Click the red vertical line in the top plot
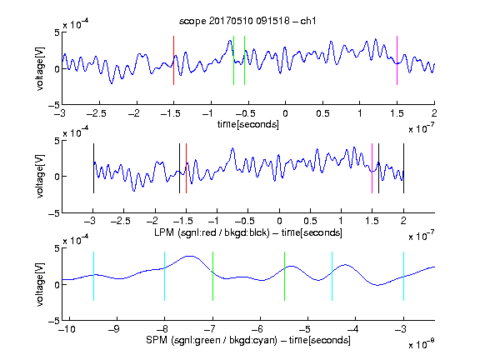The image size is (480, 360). pyautogui.click(x=173, y=60)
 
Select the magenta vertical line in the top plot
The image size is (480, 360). pyautogui.click(x=397, y=60)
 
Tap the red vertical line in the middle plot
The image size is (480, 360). pyautogui.click(x=186, y=168)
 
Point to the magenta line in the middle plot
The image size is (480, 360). pyautogui.click(x=372, y=168)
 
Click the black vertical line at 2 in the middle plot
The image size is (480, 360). pyautogui.click(x=403, y=168)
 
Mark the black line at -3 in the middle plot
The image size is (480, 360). pyautogui.click(x=93, y=168)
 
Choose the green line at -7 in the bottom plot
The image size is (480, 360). pyautogui.click(x=212, y=276)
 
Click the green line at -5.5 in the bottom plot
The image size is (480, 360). pyautogui.click(x=284, y=276)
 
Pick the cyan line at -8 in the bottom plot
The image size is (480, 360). pyautogui.click(x=164, y=276)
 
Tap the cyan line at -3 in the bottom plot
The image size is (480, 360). pyautogui.click(x=403, y=276)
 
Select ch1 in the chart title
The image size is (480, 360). pyautogui.click(x=308, y=21)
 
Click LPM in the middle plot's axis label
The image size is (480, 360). pyautogui.click(x=164, y=232)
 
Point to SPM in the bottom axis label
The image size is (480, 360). pyautogui.click(x=157, y=340)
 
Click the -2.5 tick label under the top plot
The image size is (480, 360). pyautogui.click(x=97, y=113)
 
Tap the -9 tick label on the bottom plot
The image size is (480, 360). pyautogui.click(x=114, y=329)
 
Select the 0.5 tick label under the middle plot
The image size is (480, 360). pyautogui.click(x=310, y=221)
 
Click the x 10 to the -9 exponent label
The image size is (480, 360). pyautogui.click(x=422, y=343)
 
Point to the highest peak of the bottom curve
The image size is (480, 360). pyautogui.click(x=190, y=256)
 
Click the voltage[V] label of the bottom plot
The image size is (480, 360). pyautogui.click(x=40, y=284)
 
